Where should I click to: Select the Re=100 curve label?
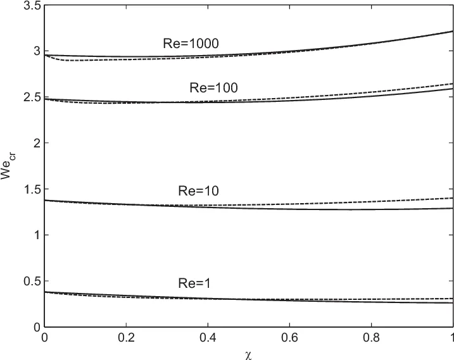(213, 88)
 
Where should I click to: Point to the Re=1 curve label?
(192, 285)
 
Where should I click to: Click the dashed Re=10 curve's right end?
(452, 198)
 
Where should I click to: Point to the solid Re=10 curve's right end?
(452, 208)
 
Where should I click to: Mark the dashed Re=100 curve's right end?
(452, 84)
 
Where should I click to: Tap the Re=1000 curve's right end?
(452, 31)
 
